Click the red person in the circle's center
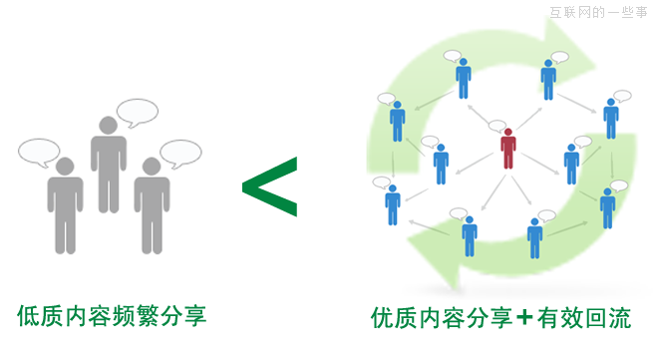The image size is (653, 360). (508, 149)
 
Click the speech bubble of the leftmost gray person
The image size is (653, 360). (39, 152)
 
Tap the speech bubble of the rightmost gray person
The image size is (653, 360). (181, 153)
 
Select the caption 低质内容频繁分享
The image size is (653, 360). (112, 316)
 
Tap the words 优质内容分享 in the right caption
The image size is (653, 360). (442, 318)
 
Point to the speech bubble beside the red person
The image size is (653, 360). (496, 127)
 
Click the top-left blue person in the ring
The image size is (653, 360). (463, 78)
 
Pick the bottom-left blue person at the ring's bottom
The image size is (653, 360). (469, 236)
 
